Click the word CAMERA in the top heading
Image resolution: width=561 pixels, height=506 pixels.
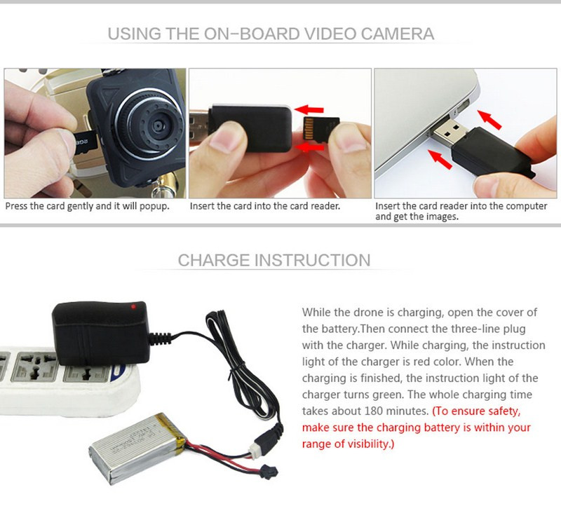[398, 34]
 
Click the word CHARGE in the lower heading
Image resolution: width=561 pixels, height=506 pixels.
[213, 260]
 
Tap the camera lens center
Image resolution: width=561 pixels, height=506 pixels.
[157, 125]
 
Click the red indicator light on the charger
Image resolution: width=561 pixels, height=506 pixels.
[133, 306]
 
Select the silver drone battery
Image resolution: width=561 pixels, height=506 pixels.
[137, 449]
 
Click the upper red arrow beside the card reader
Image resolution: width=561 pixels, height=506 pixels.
[309, 109]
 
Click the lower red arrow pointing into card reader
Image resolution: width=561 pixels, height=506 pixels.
[310, 147]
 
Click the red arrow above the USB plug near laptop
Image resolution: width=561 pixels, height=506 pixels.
[489, 119]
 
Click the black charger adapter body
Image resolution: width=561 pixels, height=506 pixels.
[101, 333]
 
